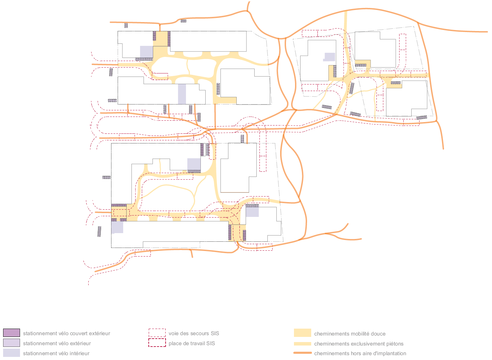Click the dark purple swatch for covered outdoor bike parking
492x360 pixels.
click(11, 333)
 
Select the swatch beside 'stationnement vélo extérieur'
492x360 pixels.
click(11, 343)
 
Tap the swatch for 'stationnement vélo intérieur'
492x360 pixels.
click(11, 353)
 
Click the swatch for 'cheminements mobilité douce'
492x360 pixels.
click(303, 333)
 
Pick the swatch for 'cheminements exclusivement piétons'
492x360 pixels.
click(303, 344)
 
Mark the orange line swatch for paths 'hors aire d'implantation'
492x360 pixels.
click(303, 353)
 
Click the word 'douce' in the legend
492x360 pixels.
click(378, 334)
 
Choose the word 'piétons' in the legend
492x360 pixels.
click(395, 344)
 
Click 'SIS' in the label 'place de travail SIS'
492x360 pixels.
click(210, 343)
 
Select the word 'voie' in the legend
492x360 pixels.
click(174, 334)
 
